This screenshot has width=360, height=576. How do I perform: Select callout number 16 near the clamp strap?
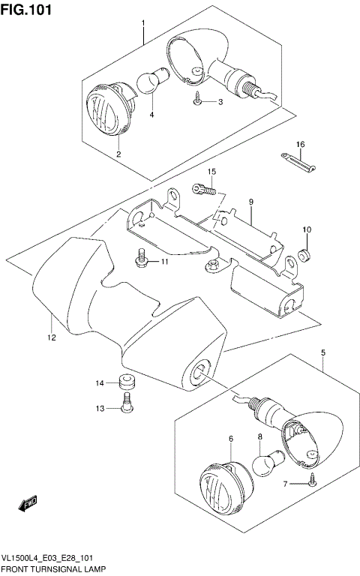click(300, 144)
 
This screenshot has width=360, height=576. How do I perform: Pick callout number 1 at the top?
click(143, 24)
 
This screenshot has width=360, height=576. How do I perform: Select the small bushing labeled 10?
click(304, 252)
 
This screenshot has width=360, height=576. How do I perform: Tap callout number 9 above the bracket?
click(251, 202)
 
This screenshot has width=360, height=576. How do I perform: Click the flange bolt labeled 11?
click(140, 259)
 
